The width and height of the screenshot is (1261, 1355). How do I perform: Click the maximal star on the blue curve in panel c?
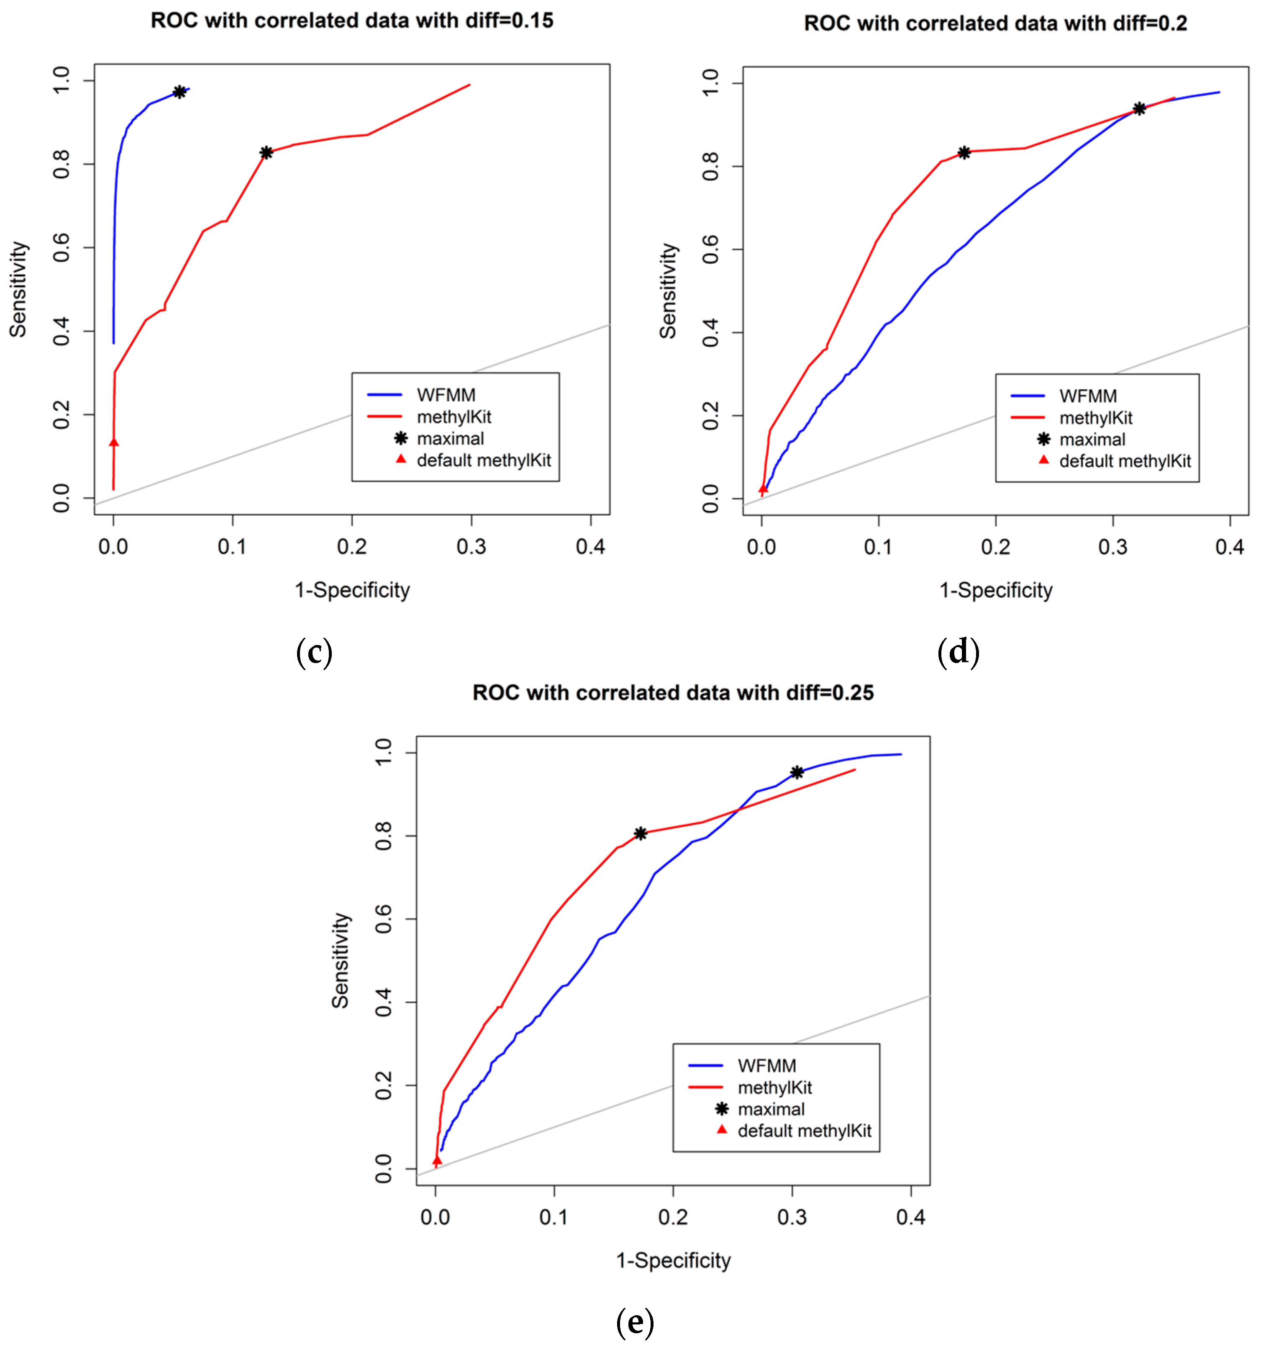click(x=179, y=92)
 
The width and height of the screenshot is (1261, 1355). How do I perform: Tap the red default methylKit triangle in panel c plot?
click(x=114, y=442)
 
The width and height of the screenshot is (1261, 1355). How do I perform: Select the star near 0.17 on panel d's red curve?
click(x=963, y=153)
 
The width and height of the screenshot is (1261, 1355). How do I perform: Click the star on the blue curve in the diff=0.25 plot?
click(x=796, y=772)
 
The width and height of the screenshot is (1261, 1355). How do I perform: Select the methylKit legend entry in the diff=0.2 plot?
click(x=1095, y=418)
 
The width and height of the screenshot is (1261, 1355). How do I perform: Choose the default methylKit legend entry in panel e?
click(x=804, y=1131)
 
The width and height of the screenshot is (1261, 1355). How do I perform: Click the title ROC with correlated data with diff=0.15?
click(x=351, y=21)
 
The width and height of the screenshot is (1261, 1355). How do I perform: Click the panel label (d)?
click(x=958, y=652)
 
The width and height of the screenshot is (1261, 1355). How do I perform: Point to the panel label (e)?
click(x=634, y=1322)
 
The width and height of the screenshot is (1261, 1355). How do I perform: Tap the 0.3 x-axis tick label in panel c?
click(x=471, y=547)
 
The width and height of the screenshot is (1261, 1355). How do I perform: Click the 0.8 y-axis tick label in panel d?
click(x=710, y=166)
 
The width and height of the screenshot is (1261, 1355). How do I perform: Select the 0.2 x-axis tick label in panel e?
click(x=672, y=1216)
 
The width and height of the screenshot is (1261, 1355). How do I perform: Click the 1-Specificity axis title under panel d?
click(x=995, y=590)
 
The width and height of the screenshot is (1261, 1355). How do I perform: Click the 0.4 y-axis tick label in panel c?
click(x=62, y=331)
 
